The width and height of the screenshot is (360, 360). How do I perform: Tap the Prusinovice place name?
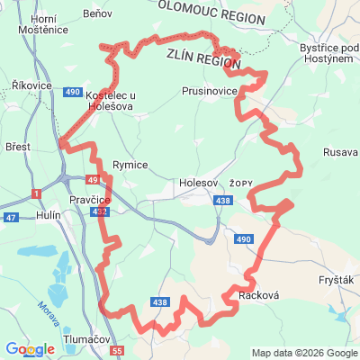(208, 92)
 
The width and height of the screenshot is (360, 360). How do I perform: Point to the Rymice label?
(130, 165)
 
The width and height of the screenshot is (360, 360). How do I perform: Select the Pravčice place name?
(89, 199)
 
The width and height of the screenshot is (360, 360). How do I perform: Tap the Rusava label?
(340, 151)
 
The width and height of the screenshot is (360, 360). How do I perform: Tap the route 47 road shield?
(11, 218)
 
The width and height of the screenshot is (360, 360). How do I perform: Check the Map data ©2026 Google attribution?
(303, 353)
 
